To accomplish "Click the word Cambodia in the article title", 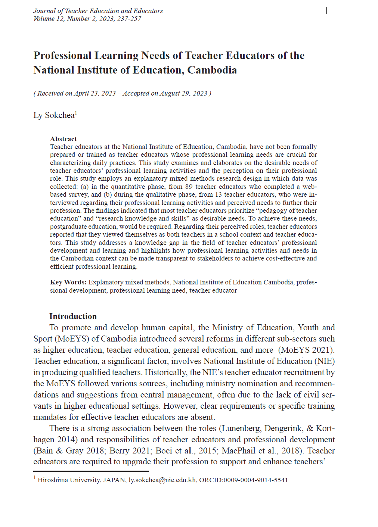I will click(x=212, y=70).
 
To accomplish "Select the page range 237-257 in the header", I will click(x=129, y=19).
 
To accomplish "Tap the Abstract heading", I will click(x=63, y=139).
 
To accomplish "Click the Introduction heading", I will click(x=73, y=316).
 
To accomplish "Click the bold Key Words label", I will click(x=68, y=282).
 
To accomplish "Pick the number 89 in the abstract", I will click(x=189, y=187).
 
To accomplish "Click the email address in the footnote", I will click(x=162, y=480).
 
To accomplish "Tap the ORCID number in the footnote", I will click(x=255, y=480).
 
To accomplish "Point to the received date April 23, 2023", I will click(x=95, y=93).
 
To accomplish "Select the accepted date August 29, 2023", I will click(x=183, y=93).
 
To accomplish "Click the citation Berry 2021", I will click(x=130, y=451).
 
